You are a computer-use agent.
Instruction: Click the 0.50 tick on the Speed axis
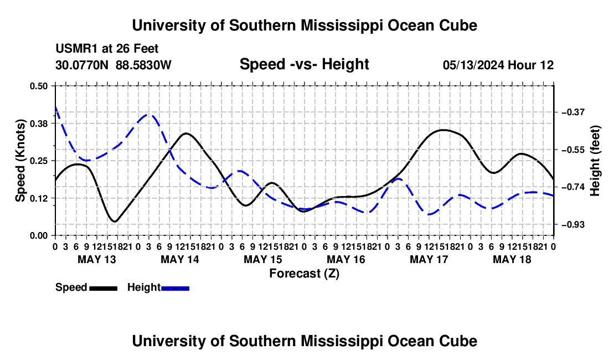(x=38, y=86)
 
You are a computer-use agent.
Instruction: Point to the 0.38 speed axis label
(x=38, y=124)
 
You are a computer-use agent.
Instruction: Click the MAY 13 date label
(x=97, y=259)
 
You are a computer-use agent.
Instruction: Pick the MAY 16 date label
(x=346, y=259)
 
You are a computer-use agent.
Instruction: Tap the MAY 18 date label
(x=512, y=259)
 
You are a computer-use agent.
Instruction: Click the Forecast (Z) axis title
(x=304, y=274)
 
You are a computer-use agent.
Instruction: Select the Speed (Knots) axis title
(x=20, y=161)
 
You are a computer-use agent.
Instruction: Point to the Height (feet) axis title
(x=595, y=161)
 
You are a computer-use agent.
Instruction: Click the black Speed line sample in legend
(x=104, y=289)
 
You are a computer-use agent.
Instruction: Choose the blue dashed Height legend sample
(x=175, y=289)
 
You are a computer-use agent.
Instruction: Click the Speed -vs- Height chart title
(x=304, y=64)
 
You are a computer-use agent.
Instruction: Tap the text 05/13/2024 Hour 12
(x=498, y=65)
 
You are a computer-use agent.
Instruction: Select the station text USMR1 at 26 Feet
(x=107, y=49)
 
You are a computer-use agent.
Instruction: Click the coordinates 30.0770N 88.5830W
(x=113, y=65)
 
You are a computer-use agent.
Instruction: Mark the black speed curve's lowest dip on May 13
(x=115, y=222)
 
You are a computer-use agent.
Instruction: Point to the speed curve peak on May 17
(x=443, y=130)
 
